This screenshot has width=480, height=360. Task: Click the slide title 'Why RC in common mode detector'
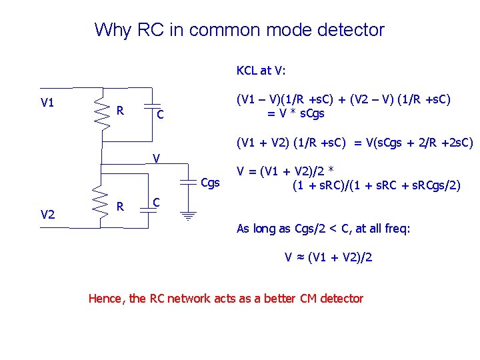pyautogui.click(x=239, y=30)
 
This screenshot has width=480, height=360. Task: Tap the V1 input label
pyautogui.click(x=47, y=103)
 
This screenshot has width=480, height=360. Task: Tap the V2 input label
pyautogui.click(x=47, y=214)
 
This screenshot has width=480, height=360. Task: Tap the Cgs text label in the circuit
pyautogui.click(x=211, y=183)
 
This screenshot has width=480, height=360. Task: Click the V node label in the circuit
pyautogui.click(x=155, y=159)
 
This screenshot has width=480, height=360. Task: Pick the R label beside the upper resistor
pyautogui.click(x=120, y=109)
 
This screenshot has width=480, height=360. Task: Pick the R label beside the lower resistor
pyautogui.click(x=120, y=206)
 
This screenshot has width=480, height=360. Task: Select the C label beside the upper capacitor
pyautogui.click(x=160, y=115)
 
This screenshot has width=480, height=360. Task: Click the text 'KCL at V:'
pyautogui.click(x=261, y=70)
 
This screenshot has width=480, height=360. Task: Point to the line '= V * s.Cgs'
pyautogui.click(x=295, y=113)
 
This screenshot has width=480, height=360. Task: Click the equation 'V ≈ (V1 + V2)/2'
pyautogui.click(x=328, y=257)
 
